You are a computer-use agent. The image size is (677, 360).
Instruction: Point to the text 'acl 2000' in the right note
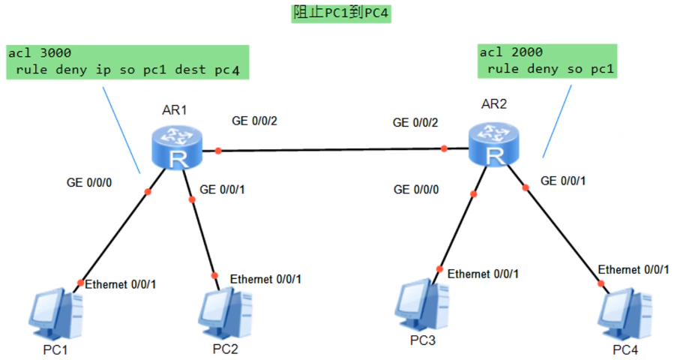tap(511, 52)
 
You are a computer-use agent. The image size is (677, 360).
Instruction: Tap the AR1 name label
tap(175, 110)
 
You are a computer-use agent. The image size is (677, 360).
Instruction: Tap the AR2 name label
tap(493, 103)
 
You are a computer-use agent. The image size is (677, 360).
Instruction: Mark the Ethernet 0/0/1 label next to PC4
tap(634, 269)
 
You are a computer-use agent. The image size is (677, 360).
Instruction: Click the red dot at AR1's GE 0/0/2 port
tap(218, 151)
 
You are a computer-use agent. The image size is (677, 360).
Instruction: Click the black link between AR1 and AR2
tap(330, 150)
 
